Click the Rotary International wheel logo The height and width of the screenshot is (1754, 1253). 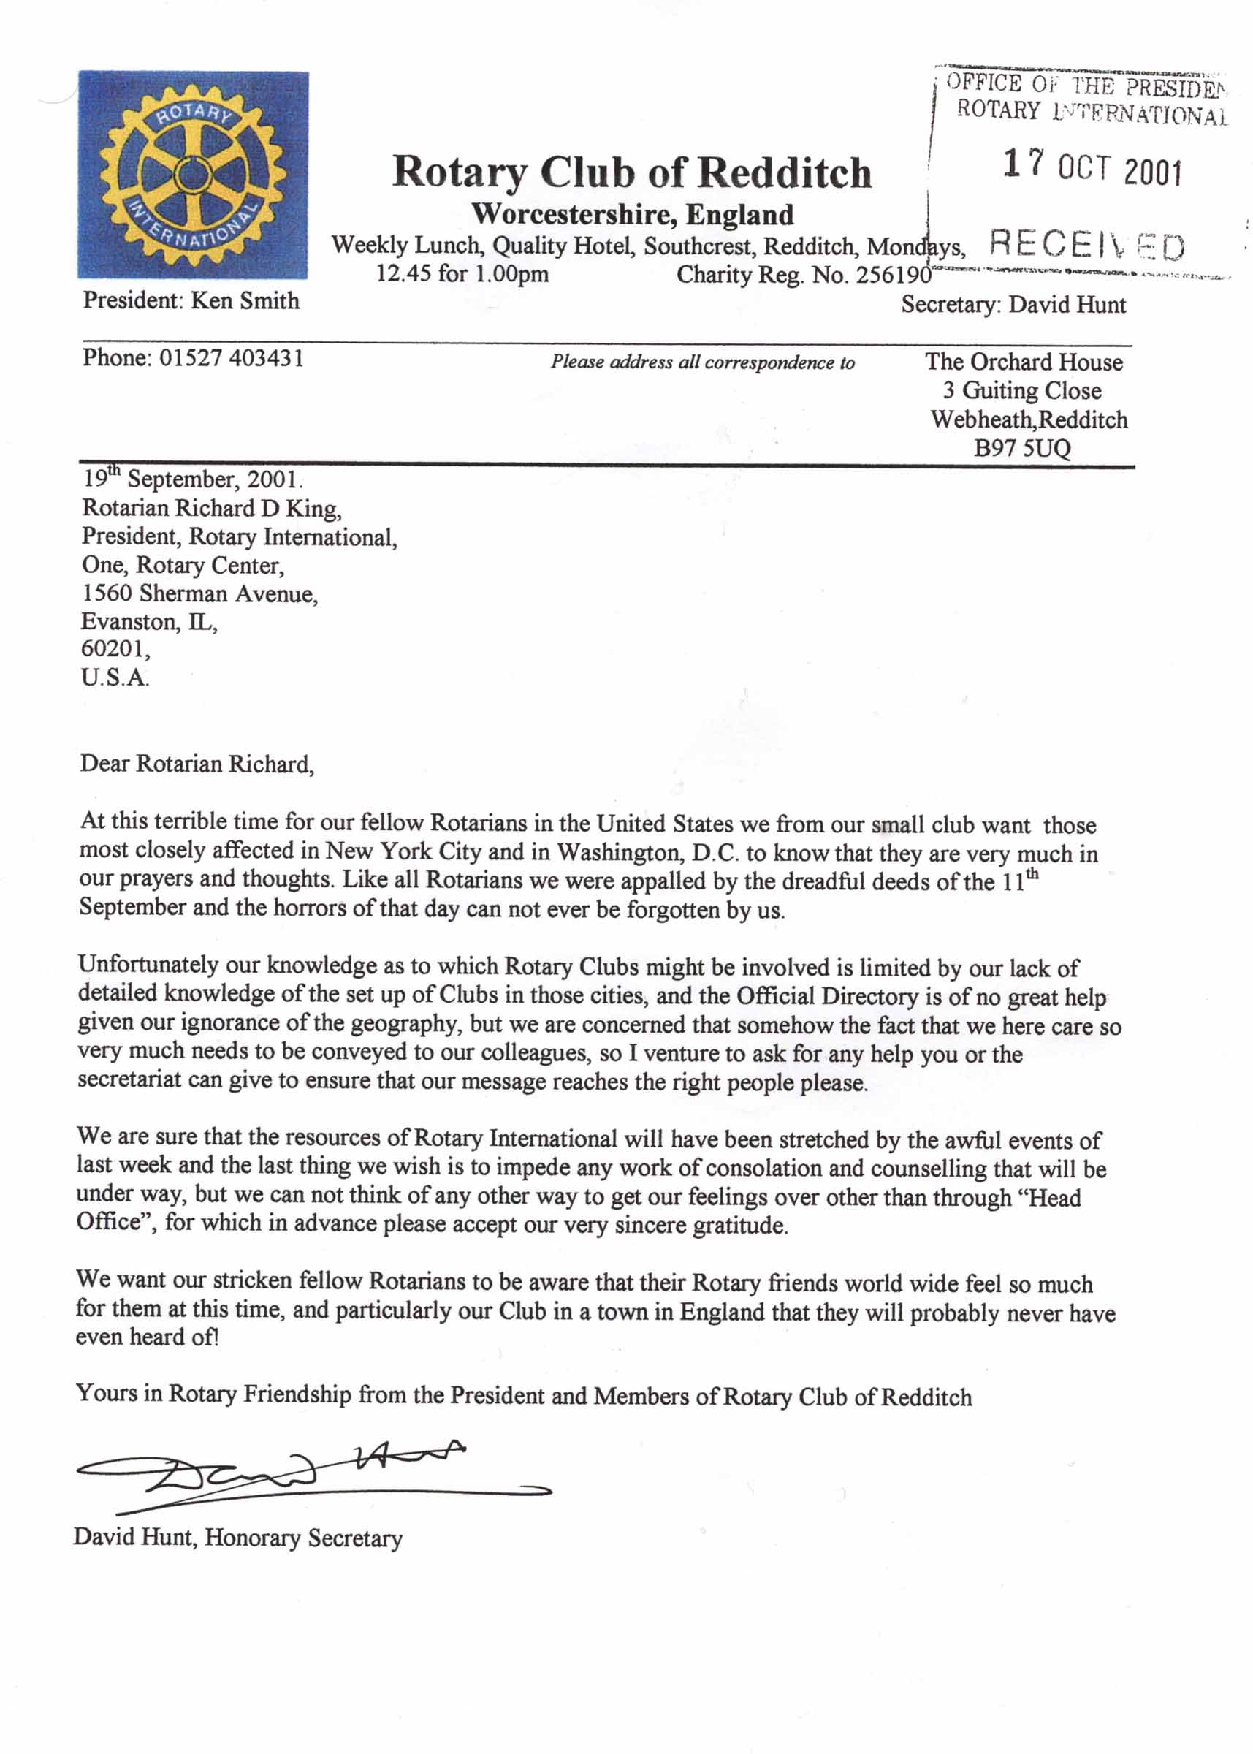(x=193, y=175)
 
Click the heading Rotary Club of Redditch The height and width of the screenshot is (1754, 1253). (x=631, y=172)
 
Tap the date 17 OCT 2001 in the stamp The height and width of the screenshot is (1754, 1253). (x=1092, y=167)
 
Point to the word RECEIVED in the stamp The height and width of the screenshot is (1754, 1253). (x=1086, y=246)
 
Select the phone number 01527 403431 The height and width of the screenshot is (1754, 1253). (x=232, y=358)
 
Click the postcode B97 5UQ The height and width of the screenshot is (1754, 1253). (x=1021, y=448)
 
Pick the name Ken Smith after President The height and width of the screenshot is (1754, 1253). (x=245, y=300)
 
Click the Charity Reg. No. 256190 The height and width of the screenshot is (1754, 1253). (x=804, y=275)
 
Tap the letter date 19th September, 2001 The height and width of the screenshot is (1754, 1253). (x=192, y=479)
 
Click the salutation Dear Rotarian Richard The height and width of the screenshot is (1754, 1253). (x=197, y=764)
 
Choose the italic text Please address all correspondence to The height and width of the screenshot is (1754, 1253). (x=702, y=362)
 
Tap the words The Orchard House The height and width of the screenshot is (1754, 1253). (x=1024, y=362)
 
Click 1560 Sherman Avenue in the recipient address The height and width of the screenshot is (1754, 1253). (x=199, y=593)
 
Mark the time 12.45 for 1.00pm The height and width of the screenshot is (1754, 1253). (x=462, y=274)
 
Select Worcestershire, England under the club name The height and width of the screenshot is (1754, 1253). (x=632, y=213)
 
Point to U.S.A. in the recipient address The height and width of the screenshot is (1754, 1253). (x=115, y=677)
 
